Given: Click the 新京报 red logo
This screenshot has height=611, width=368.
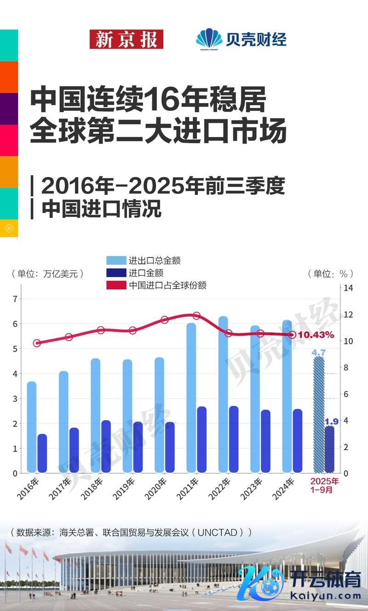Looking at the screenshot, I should (x=126, y=39).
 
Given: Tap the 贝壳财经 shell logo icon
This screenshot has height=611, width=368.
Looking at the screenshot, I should (x=208, y=39).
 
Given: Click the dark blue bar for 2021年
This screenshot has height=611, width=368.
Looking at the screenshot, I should (x=201, y=439).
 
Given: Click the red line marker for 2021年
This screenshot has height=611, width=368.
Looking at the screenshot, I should (x=196, y=316).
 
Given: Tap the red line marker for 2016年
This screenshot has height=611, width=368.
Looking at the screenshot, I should (x=37, y=343).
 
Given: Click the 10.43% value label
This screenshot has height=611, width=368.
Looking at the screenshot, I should (x=316, y=335).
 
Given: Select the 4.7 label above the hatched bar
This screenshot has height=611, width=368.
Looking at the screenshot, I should (x=319, y=353).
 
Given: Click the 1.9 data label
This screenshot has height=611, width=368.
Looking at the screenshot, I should (x=331, y=421).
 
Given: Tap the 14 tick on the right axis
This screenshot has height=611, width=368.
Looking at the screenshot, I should (x=348, y=288).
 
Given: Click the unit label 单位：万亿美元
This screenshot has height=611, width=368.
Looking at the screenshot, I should (x=48, y=274).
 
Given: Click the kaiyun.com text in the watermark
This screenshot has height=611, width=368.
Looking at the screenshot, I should (x=327, y=596).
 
